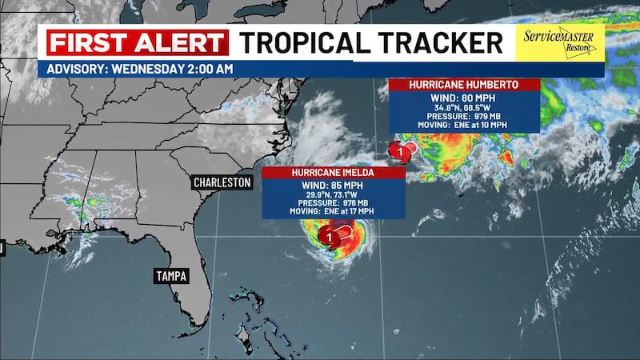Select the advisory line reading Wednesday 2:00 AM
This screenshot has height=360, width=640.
(x=141, y=69)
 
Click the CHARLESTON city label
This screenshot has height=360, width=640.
(x=222, y=183)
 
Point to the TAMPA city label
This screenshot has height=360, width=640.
(x=171, y=276)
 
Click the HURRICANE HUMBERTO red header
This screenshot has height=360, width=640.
(x=463, y=84)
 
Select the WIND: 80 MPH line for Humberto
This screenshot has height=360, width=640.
(x=463, y=98)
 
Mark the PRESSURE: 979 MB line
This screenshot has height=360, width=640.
(x=463, y=116)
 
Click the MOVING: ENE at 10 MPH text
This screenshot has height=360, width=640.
(x=463, y=125)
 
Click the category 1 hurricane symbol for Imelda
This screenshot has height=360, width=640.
(x=327, y=236)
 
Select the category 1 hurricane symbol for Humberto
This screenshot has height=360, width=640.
(x=395, y=150)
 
